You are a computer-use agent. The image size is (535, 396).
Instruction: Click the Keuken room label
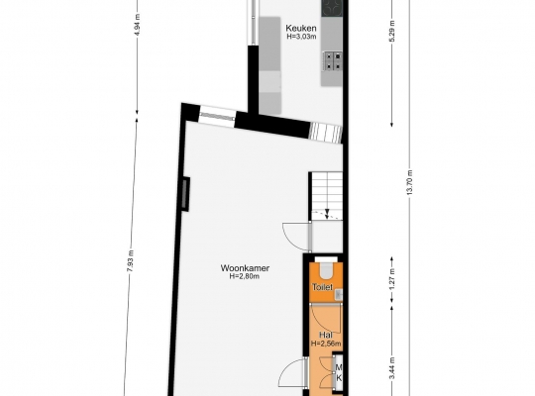pyautogui.click(x=301, y=28)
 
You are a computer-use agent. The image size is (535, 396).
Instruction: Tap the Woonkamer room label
pyautogui.click(x=245, y=268)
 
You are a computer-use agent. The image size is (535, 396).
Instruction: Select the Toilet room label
pyautogui.click(x=322, y=287)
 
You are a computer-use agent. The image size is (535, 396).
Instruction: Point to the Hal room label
pyautogui.click(x=326, y=335)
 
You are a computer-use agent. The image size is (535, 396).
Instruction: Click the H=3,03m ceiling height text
pyautogui.click(x=301, y=37)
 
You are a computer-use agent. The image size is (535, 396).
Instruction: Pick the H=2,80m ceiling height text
pyautogui.click(x=245, y=276)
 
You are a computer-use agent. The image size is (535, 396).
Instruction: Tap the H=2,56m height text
pyautogui.click(x=326, y=344)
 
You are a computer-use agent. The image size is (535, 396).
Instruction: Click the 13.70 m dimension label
pyautogui.click(x=410, y=182)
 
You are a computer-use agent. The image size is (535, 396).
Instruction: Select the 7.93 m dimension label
pyautogui.click(x=131, y=261)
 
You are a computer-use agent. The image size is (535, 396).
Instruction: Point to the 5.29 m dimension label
pyautogui.click(x=392, y=32)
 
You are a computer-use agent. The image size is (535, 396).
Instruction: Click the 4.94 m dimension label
pyautogui.click(x=137, y=25)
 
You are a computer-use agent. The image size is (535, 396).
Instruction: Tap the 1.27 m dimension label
pyautogui.click(x=392, y=280)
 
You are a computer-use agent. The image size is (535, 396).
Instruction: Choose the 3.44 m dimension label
pyautogui.click(x=392, y=368)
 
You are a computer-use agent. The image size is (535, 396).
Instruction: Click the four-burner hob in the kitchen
pyautogui.click(x=333, y=60)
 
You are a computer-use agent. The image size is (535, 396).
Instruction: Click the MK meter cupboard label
pyautogui.click(x=339, y=373)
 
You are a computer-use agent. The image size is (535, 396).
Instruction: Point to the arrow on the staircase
pyautogui.click(x=327, y=212)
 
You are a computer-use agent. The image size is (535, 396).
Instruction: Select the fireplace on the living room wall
pyautogui.click(x=185, y=194)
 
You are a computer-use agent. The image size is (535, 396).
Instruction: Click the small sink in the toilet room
pyautogui.click(x=338, y=294)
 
